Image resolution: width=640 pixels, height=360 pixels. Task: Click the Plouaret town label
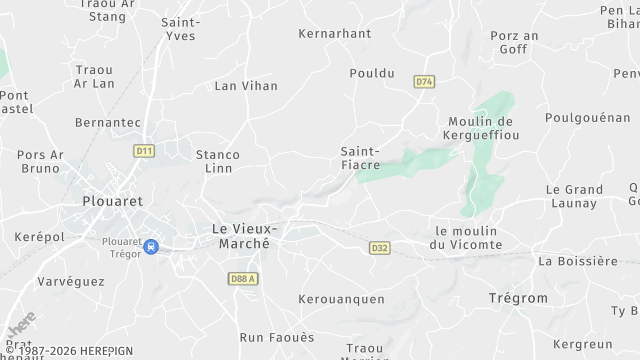pyautogui.click(x=114, y=201)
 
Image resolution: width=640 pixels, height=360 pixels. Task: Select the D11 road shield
pyautogui.click(x=143, y=151)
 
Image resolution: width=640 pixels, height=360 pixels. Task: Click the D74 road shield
pyautogui.click(x=425, y=82)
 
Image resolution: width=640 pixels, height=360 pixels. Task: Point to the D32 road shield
pyautogui.click(x=379, y=248)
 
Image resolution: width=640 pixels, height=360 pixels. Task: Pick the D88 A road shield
pyautogui.click(x=243, y=279)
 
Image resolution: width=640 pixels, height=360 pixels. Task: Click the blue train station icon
pyautogui.click(x=150, y=246)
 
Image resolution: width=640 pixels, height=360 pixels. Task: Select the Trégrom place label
pyautogui.click(x=518, y=299)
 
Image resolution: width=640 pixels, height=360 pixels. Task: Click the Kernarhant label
pyautogui.click(x=335, y=33)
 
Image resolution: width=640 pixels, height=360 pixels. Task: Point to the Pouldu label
pyautogui.click(x=372, y=73)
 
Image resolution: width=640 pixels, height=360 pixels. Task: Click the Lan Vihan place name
pyautogui.click(x=246, y=86)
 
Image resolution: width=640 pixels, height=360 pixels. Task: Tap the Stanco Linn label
pyautogui.click(x=217, y=161)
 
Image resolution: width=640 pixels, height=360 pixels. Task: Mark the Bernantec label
pyautogui.click(x=107, y=121)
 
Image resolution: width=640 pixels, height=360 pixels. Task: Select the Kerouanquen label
pyautogui.click(x=342, y=299)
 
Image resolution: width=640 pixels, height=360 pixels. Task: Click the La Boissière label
pyautogui.click(x=578, y=261)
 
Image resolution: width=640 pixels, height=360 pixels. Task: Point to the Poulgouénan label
pyautogui.click(x=588, y=117)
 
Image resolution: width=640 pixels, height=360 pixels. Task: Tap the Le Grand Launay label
pyautogui.click(x=574, y=196)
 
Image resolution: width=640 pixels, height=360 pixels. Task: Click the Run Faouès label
pyautogui.click(x=276, y=337)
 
